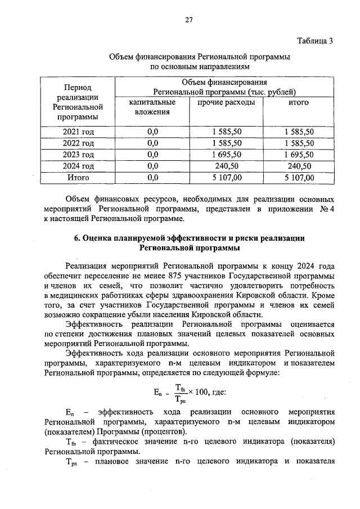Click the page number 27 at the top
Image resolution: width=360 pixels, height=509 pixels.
(x=188, y=20)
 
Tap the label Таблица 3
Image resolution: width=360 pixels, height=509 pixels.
(x=315, y=40)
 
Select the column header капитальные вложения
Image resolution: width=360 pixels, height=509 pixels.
(x=151, y=107)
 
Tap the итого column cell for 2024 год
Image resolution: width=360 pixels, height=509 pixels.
(x=299, y=166)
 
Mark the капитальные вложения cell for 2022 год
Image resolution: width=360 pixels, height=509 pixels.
(x=152, y=143)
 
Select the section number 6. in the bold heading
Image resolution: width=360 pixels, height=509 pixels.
(x=79, y=238)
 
